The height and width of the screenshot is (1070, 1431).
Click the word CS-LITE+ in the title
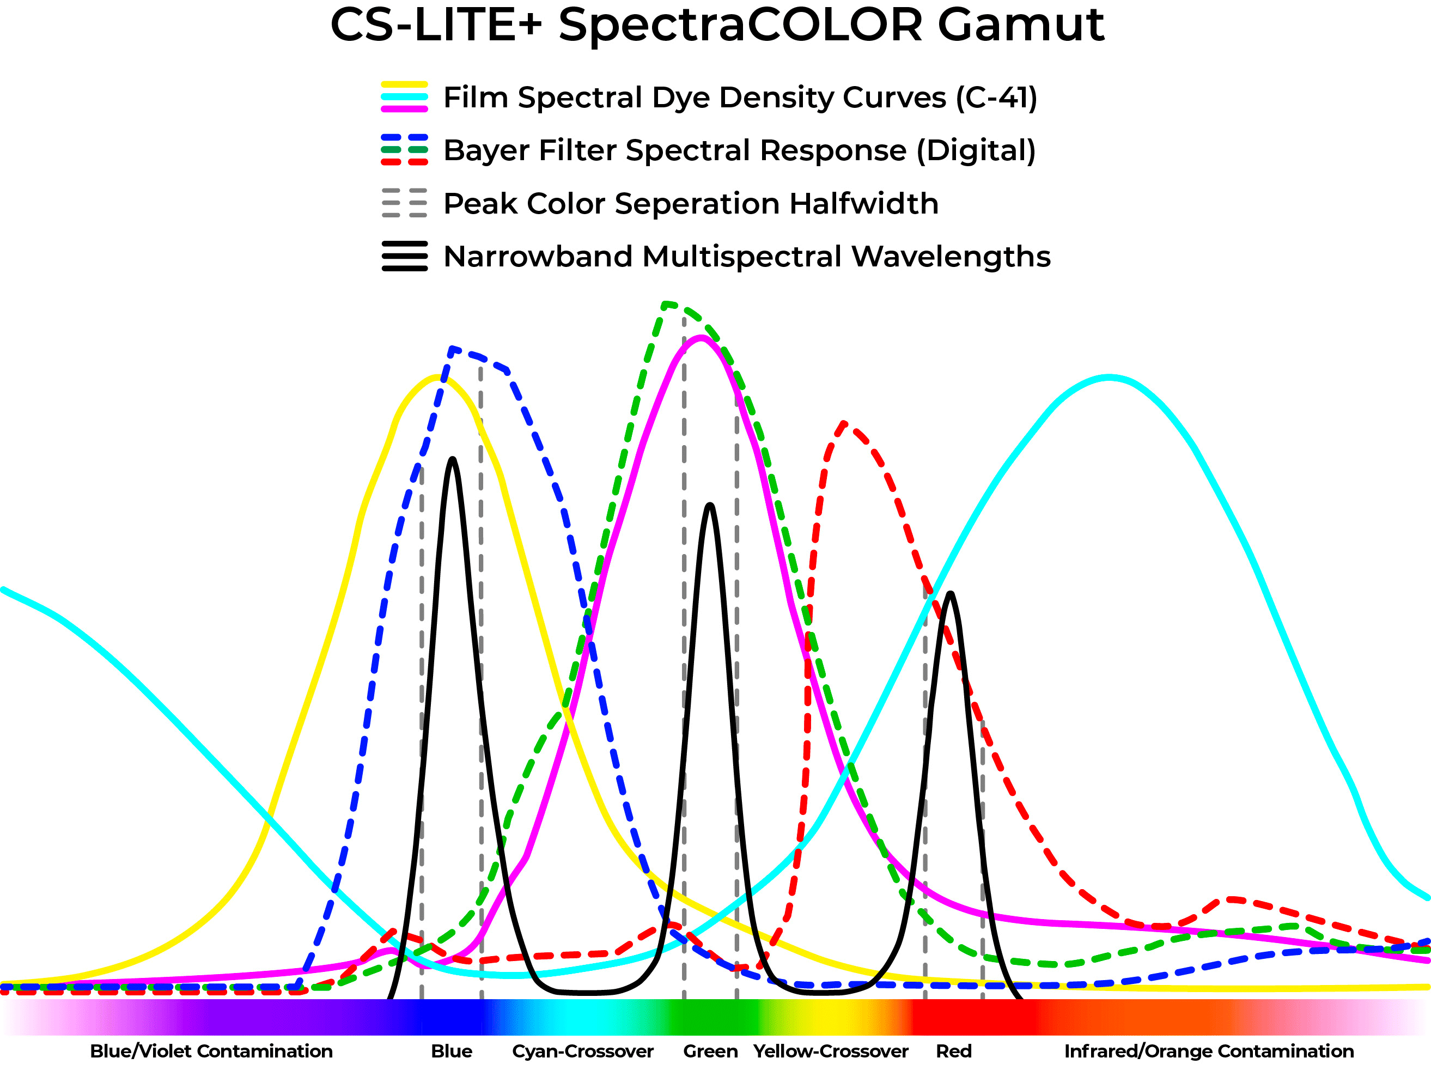(x=435, y=26)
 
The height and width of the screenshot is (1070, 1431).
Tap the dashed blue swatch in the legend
(x=404, y=138)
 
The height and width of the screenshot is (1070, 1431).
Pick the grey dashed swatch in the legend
(x=404, y=203)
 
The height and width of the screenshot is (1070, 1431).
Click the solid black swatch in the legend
(x=404, y=256)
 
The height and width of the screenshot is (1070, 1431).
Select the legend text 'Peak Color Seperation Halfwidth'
(x=691, y=203)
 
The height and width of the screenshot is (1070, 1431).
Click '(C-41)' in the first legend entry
(x=996, y=98)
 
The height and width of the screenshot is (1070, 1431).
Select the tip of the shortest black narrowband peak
(x=949, y=594)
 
